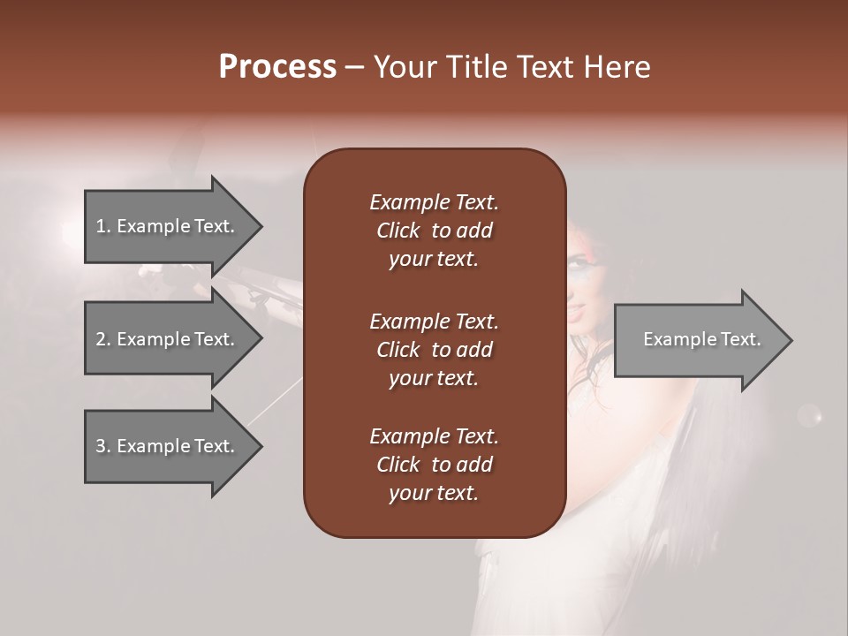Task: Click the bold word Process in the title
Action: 277,67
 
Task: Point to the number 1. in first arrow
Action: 103,226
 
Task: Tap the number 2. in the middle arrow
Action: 103,339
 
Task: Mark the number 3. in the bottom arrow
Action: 103,446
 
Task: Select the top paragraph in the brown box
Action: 434,231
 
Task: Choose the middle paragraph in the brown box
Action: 434,350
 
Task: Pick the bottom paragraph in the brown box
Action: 434,465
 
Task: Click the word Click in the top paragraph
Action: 397,231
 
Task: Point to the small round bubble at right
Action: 809,414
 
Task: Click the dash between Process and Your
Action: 354,68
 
